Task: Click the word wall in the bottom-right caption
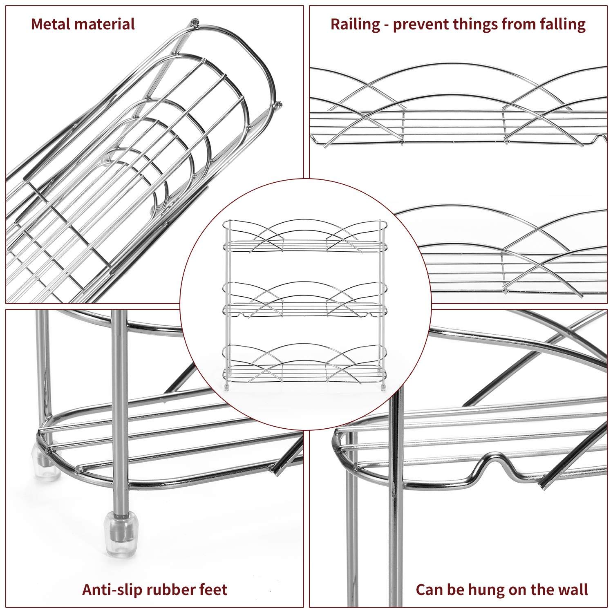[572, 589]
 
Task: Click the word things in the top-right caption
[476, 25]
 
